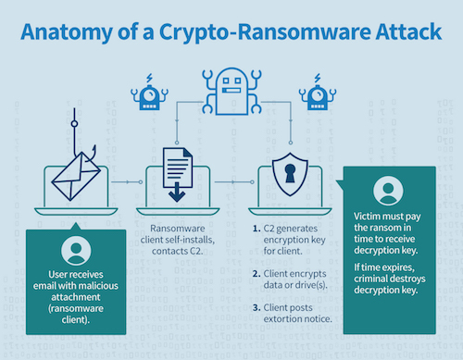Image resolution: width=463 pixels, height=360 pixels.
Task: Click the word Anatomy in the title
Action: tap(67, 32)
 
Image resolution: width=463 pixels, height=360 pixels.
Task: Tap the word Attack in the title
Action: tap(408, 31)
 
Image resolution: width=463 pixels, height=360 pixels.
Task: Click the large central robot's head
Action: tap(231, 91)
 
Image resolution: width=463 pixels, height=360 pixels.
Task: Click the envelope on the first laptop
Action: tap(76, 176)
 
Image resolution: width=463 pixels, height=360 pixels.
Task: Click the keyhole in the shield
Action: tap(290, 173)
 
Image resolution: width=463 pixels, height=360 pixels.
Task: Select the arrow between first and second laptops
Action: tap(127, 182)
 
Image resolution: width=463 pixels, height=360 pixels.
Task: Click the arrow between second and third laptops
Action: tap(234, 182)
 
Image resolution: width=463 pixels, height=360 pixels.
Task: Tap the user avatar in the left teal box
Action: tap(76, 250)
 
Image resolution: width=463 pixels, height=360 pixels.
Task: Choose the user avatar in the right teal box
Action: tap(388, 191)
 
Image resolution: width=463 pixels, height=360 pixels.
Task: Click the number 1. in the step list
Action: tap(257, 229)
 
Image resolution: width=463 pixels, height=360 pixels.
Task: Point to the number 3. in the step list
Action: tap(257, 307)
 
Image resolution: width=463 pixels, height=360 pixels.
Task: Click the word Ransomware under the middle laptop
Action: tap(178, 229)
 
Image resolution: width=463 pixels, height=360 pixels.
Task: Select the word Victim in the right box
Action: tap(367, 216)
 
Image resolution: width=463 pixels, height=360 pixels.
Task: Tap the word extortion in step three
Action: tap(282, 319)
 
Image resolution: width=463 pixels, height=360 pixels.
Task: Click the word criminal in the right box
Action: tap(370, 279)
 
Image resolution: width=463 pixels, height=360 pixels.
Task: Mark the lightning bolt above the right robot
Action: tap(318, 78)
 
